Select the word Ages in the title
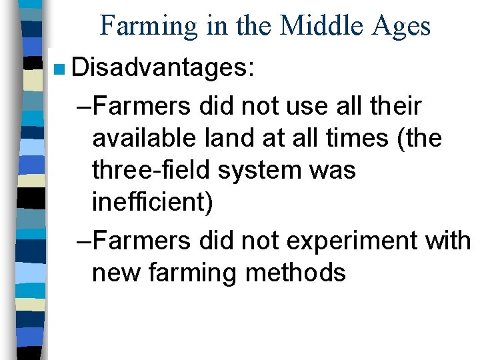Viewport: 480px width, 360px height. pyautogui.click(x=403, y=26)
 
